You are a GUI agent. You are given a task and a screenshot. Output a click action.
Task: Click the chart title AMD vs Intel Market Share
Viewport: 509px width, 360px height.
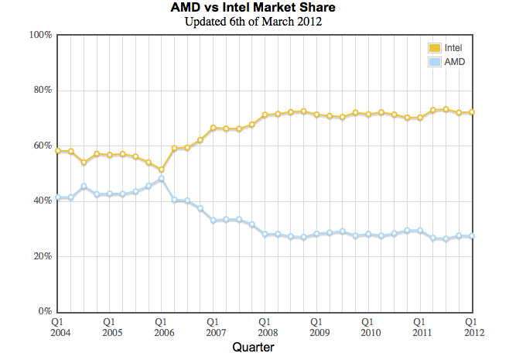[x=253, y=7]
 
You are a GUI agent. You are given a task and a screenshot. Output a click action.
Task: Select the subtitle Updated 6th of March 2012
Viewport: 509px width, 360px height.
[x=253, y=22]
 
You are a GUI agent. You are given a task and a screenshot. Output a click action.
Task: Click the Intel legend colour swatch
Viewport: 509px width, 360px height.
[x=434, y=48]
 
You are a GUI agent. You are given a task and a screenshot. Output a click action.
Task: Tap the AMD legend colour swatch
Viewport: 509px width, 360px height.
[x=434, y=62]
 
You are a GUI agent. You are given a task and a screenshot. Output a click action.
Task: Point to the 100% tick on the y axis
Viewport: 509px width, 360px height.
[x=40, y=34]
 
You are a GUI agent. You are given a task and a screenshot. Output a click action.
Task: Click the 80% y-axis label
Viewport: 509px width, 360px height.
[x=43, y=90]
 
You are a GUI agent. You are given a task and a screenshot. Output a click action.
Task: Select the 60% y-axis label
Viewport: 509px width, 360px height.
[x=43, y=146]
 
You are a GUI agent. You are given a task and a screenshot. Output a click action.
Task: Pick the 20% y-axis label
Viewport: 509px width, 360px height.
[x=43, y=256]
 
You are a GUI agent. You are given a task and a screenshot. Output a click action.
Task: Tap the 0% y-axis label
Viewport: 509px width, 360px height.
[x=45, y=311]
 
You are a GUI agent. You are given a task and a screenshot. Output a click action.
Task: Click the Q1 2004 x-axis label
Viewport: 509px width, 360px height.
[x=60, y=327]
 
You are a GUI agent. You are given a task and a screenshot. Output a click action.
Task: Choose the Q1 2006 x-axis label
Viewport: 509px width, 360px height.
[x=164, y=327]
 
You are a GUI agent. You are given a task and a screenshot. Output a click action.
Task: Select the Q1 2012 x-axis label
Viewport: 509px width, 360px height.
[x=474, y=327]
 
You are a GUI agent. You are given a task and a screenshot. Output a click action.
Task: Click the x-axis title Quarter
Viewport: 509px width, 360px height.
[x=253, y=348]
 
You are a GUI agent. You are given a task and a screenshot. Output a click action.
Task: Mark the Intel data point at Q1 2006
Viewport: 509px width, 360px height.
[x=162, y=170]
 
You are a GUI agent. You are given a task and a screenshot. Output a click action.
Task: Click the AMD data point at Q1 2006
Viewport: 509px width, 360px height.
[x=162, y=179]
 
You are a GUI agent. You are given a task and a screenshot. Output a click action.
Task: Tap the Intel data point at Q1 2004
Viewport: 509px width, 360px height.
[x=58, y=151]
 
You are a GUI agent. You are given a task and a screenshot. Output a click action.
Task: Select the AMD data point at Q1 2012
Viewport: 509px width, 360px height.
[x=472, y=236]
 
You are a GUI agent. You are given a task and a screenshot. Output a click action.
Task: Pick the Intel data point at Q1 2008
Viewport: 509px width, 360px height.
[x=265, y=115]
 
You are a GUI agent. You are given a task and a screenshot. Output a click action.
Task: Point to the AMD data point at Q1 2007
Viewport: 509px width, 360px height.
[x=214, y=221]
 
